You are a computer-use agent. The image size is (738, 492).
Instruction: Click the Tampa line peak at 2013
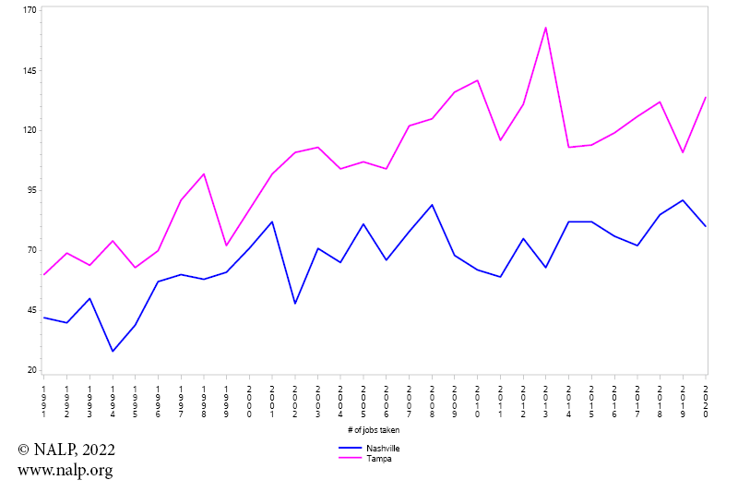click(x=546, y=28)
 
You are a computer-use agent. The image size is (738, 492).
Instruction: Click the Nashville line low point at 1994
click(x=113, y=351)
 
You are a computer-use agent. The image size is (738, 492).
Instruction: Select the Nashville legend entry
click(x=383, y=449)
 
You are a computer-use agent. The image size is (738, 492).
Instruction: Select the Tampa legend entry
click(x=378, y=459)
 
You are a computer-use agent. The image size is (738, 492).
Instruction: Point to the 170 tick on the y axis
click(x=30, y=10)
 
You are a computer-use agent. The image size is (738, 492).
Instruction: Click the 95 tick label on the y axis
click(x=30, y=190)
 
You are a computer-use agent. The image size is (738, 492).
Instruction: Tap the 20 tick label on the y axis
click(x=30, y=370)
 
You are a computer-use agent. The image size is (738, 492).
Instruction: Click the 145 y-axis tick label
click(x=30, y=70)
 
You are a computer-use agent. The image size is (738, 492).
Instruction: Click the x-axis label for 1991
click(x=44, y=402)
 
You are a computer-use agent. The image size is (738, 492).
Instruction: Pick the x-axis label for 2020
click(x=706, y=402)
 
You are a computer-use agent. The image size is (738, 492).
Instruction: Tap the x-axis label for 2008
click(x=432, y=402)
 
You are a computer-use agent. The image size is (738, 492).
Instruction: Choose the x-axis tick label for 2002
click(x=295, y=402)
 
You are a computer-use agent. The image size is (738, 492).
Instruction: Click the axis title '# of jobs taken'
click(x=374, y=430)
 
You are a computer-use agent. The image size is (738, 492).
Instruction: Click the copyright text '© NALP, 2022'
click(x=66, y=450)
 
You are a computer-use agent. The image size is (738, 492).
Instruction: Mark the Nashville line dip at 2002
click(x=295, y=304)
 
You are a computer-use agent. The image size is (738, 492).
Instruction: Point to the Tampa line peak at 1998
click(x=204, y=174)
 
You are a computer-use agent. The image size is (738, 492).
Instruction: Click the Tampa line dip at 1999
click(x=226, y=246)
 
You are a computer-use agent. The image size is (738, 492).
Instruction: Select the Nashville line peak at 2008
click(x=432, y=205)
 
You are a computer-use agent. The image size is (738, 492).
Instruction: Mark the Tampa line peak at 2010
click(x=478, y=80)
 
